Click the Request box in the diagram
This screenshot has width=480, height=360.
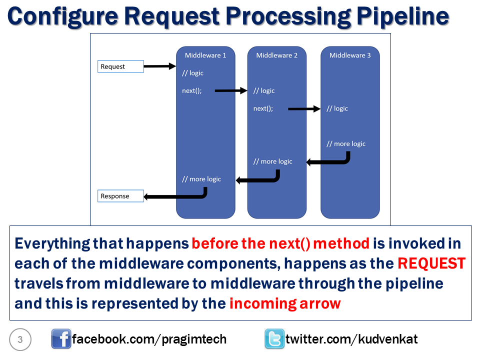[120, 66]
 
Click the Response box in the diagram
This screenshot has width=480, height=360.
[120, 196]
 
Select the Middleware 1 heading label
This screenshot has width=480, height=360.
[205, 55]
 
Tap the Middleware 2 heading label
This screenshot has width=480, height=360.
[277, 55]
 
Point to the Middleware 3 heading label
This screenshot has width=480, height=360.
[350, 55]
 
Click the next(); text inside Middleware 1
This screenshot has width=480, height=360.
[192, 90]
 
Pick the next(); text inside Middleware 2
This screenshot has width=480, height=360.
[263, 108]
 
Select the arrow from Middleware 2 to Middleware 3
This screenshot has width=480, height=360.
[304, 108]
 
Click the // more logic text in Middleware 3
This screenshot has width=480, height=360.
[346, 144]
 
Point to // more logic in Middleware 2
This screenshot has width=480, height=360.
[273, 161]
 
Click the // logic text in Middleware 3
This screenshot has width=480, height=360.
[337, 108]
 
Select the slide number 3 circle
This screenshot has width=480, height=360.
[20, 340]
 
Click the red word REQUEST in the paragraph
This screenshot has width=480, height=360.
[431, 263]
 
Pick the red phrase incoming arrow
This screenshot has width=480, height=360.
[285, 303]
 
